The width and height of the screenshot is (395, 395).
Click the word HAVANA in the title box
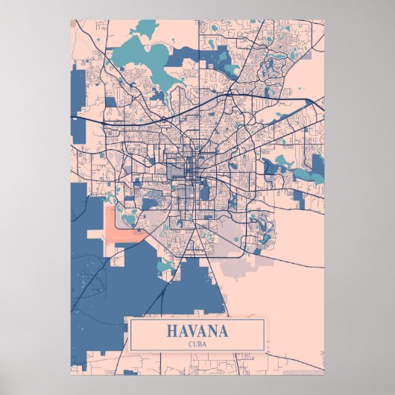[197, 331]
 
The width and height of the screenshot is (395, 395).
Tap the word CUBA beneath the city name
[197, 344]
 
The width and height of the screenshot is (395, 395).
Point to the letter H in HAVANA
[173, 331]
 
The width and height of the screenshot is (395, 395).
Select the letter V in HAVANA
[193, 331]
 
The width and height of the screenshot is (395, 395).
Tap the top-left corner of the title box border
[130, 319]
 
